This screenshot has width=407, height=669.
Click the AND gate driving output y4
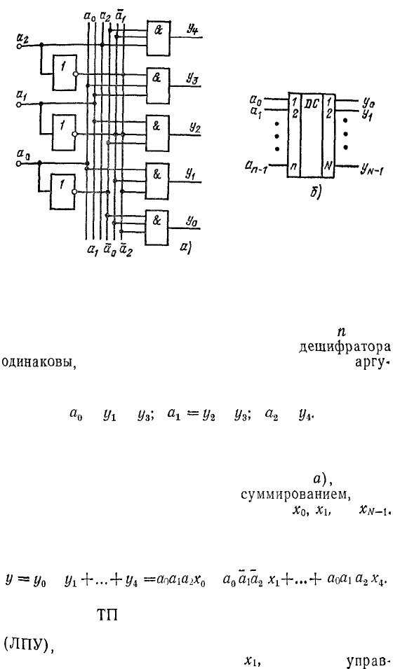pos(158,38)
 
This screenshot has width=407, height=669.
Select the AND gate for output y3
pos(158,85)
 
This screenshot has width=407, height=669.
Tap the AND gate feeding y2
pos(158,134)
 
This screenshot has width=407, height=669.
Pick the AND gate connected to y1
pos(157,181)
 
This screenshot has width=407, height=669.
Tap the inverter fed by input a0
pos(63,191)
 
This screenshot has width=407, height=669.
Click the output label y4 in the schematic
pos(192,29)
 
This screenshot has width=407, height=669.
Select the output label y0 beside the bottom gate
pos(191,221)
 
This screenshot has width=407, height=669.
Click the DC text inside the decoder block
pos(312,103)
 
